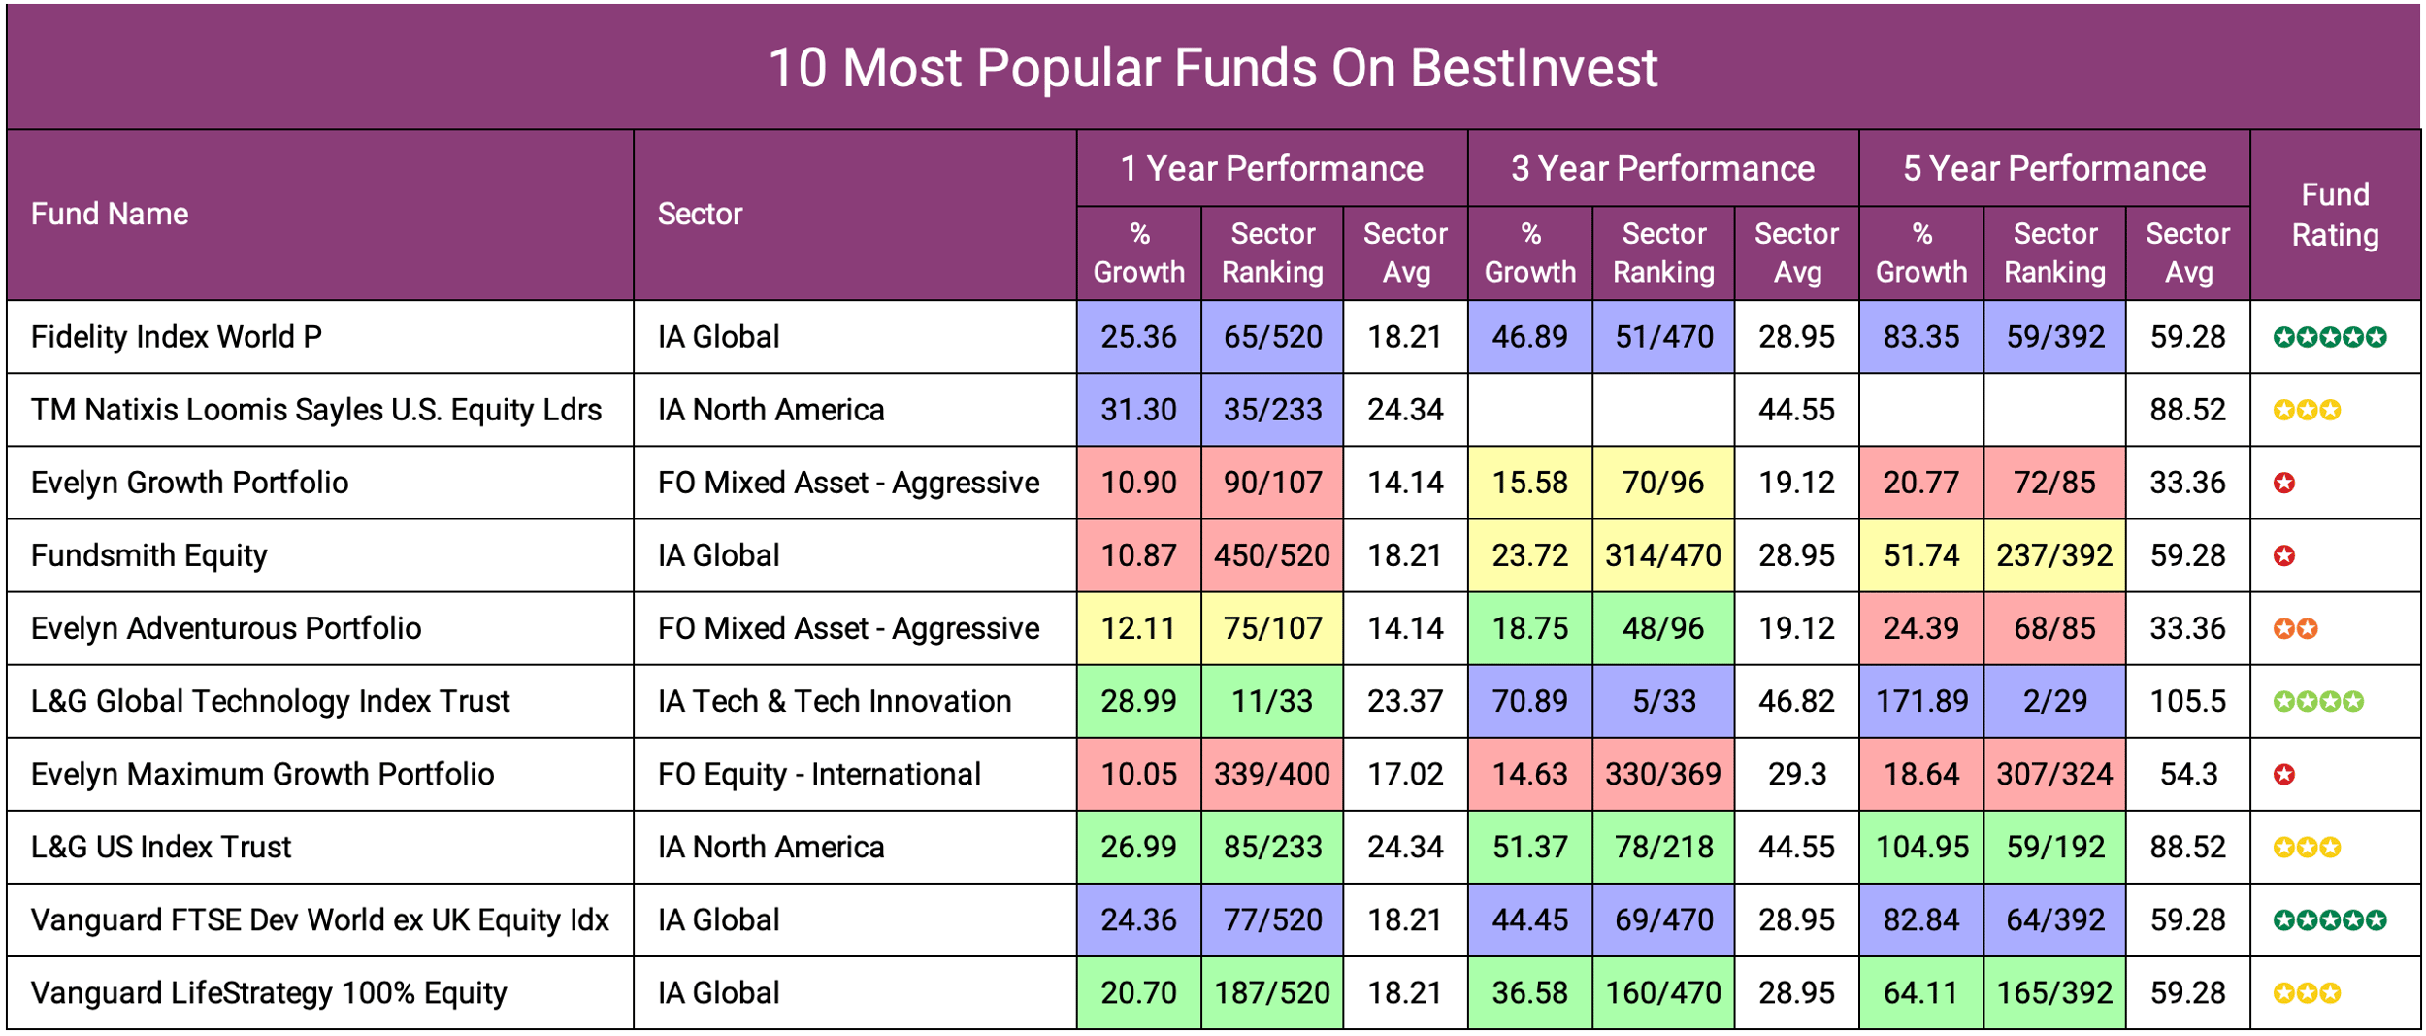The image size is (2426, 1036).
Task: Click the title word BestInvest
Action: point(1533,68)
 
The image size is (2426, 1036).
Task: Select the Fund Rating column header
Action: point(2334,215)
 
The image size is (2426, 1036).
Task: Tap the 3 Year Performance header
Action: point(1661,169)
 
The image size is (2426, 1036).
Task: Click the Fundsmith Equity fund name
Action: point(148,555)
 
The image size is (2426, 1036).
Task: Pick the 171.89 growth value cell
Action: point(1920,701)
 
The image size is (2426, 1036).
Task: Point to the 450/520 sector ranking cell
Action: point(1271,555)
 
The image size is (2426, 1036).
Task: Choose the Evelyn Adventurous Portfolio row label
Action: point(226,628)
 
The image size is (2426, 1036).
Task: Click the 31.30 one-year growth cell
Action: point(1138,410)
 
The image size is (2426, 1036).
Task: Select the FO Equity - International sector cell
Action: point(819,774)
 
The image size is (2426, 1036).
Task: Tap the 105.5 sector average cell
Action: point(2187,701)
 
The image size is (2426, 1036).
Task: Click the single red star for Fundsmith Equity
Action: point(2284,555)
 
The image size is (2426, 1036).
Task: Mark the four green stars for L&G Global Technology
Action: point(2317,701)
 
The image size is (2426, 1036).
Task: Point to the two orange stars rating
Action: point(2295,628)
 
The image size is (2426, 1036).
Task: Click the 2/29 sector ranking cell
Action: point(2054,701)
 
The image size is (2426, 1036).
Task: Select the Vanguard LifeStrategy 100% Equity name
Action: point(269,992)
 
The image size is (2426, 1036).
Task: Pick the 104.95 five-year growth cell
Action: point(1920,847)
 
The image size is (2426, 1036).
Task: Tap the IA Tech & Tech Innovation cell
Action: point(835,701)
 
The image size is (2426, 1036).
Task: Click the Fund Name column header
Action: point(110,215)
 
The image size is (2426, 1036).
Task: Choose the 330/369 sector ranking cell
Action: point(1662,774)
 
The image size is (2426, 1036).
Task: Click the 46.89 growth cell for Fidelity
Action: point(1529,337)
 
